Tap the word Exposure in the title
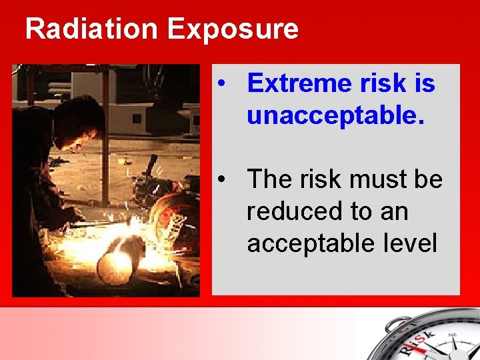point(233,29)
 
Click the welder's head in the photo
point(77,123)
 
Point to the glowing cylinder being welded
point(120,260)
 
